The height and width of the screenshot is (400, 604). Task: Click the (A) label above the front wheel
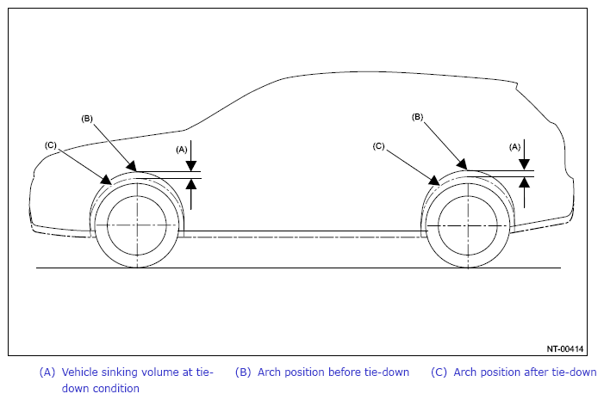(182, 149)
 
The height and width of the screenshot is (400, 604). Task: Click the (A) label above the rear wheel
(515, 147)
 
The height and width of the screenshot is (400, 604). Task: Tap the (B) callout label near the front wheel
(87, 118)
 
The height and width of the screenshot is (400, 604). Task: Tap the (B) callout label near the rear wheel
(418, 116)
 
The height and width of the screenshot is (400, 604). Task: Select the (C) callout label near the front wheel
(51, 145)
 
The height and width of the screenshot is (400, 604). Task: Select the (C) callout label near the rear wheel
(379, 146)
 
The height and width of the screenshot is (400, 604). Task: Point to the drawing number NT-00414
(565, 348)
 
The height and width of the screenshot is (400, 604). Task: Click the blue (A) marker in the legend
(47, 372)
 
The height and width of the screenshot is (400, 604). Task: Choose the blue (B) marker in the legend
(243, 372)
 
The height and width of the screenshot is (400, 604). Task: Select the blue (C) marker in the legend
(439, 372)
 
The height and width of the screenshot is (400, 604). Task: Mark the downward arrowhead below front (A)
(192, 168)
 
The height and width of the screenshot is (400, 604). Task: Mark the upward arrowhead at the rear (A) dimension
(524, 182)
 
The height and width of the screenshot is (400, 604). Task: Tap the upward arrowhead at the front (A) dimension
(192, 184)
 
